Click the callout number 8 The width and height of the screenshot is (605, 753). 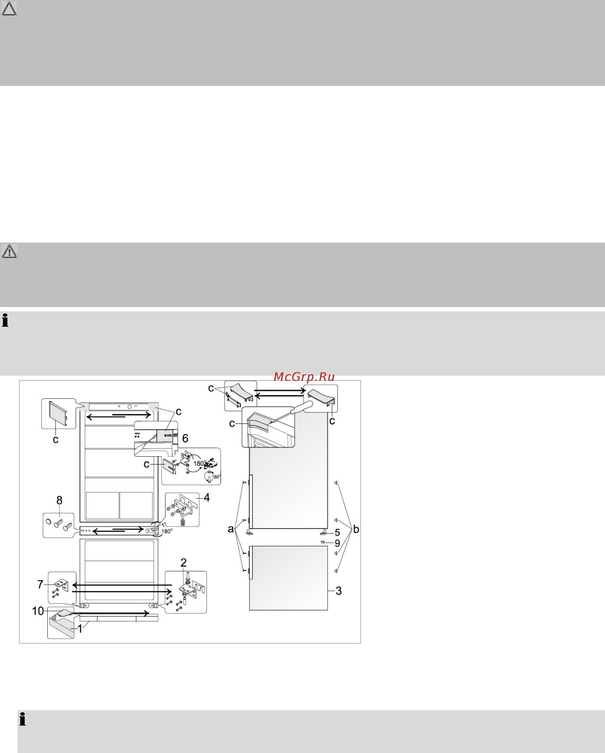(x=60, y=500)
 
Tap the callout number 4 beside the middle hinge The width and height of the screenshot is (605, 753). (x=207, y=497)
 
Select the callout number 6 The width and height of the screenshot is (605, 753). (x=185, y=438)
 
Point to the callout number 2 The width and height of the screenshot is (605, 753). (x=184, y=562)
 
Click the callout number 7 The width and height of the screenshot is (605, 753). (x=40, y=584)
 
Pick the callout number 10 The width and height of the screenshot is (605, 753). (x=38, y=611)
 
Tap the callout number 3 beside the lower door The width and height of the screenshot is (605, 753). (x=338, y=591)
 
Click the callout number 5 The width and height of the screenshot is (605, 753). (x=337, y=532)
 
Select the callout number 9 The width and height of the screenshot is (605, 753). (x=337, y=543)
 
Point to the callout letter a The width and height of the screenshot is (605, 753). (x=231, y=529)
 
